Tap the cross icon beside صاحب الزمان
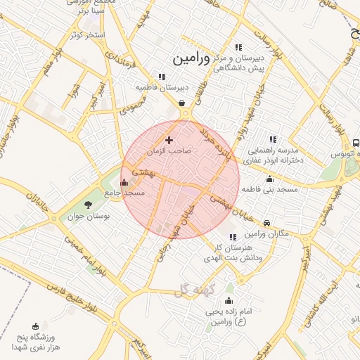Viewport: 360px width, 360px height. click(168, 141)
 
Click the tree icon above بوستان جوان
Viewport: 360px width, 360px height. click(88, 205)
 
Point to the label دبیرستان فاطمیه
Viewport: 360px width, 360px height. click(162, 87)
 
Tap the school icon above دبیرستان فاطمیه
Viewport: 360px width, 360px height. click(162, 77)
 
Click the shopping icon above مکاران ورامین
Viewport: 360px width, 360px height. click(266, 224)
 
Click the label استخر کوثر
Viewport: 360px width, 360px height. click(87, 34)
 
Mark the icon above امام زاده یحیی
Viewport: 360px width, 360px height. click(230, 288)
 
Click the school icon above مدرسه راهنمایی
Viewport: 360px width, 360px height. click(272, 139)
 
